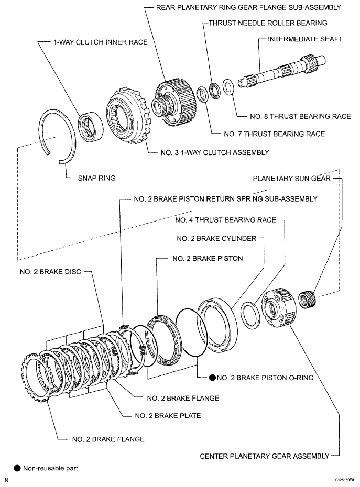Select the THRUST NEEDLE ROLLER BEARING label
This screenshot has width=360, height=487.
point(267,23)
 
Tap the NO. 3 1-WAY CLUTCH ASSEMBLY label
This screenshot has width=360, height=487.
point(215,153)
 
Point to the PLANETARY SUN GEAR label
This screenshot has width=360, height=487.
point(291,179)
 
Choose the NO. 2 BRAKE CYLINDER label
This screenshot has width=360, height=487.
point(217,238)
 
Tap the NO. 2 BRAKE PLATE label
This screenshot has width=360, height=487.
point(168,416)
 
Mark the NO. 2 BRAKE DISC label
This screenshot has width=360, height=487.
point(47,272)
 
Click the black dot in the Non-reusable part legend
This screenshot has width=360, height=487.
point(18,468)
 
